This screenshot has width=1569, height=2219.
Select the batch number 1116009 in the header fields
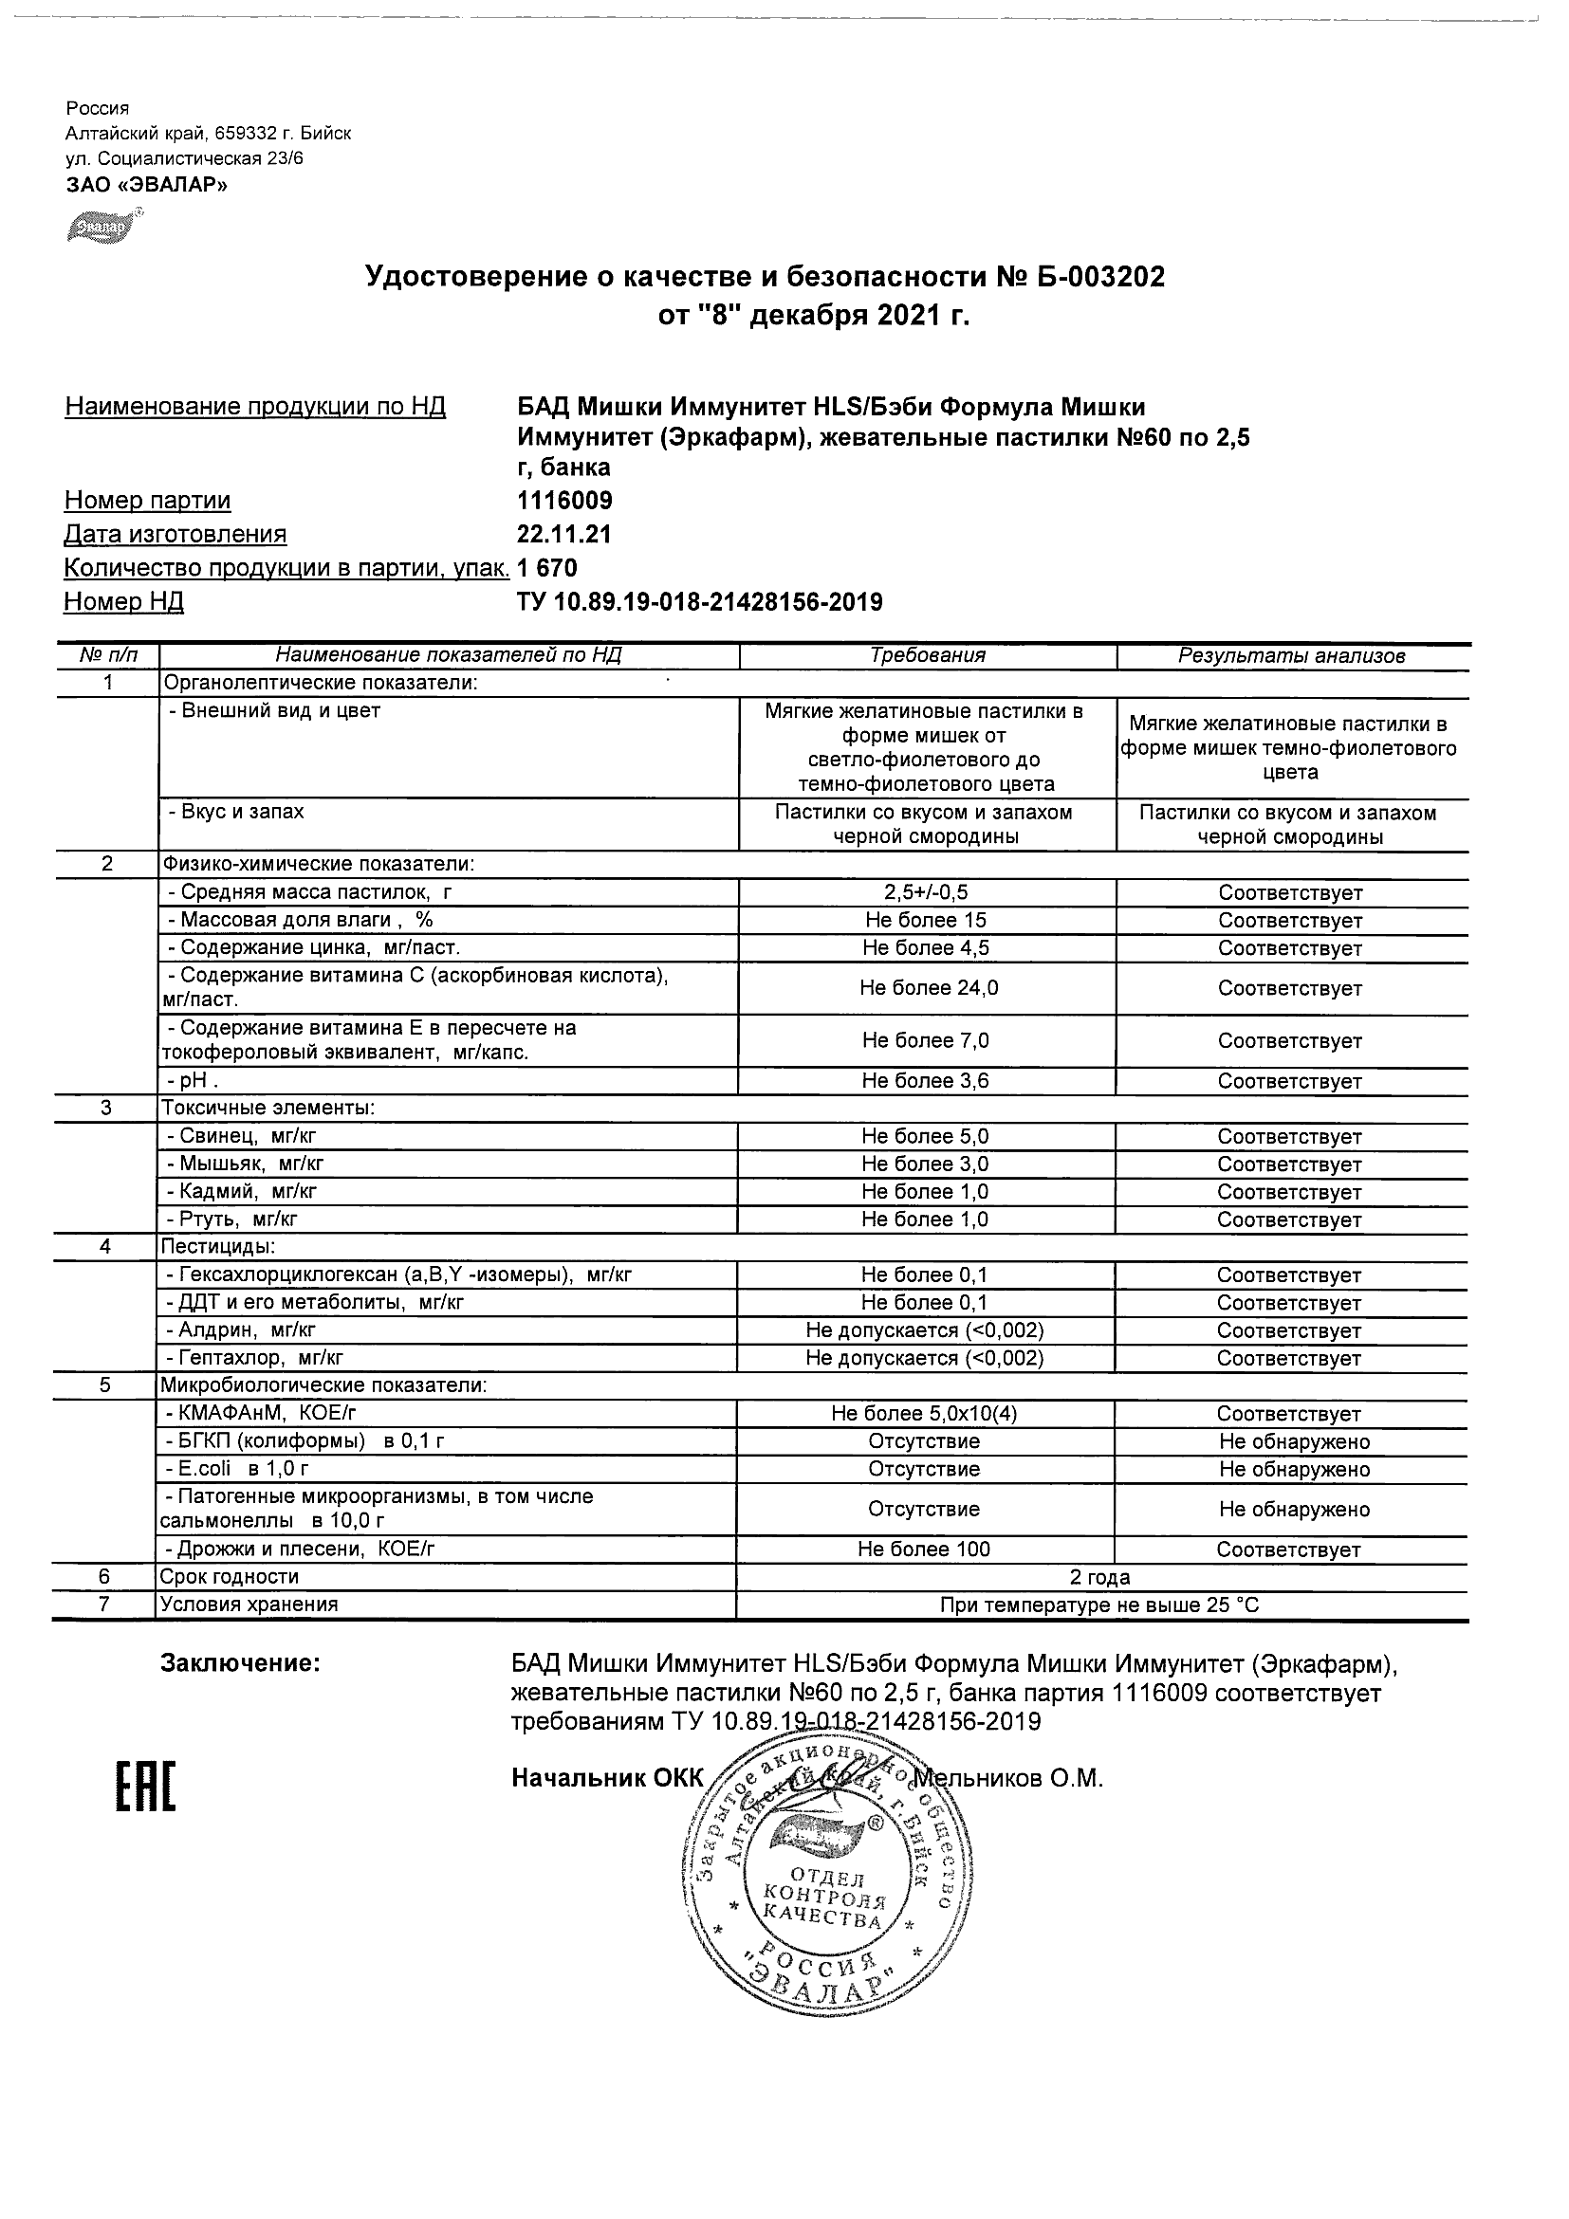(x=565, y=501)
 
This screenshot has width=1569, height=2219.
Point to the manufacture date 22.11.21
(x=564, y=535)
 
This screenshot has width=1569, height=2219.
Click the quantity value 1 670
(x=548, y=568)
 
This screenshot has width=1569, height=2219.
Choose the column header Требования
(x=927, y=655)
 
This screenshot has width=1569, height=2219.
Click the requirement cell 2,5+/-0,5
(x=926, y=893)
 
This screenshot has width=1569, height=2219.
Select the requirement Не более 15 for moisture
(x=925, y=921)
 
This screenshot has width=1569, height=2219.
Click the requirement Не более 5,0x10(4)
(x=924, y=1414)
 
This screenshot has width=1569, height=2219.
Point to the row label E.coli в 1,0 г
(x=238, y=1469)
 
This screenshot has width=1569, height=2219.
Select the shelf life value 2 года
(x=1100, y=1577)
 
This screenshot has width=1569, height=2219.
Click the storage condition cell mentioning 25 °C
(x=1100, y=1605)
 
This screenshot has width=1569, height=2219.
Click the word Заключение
(x=240, y=1663)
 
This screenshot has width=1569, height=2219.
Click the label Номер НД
(x=123, y=602)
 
